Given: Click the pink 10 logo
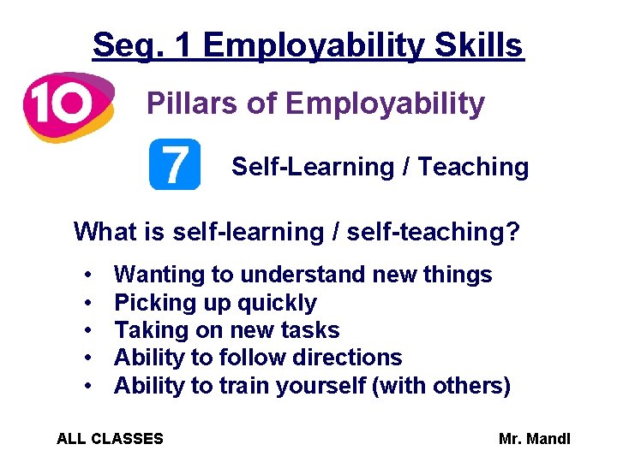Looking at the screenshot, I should (67, 105).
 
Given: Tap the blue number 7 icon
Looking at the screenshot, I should (175, 164).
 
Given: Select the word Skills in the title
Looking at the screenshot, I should (480, 44).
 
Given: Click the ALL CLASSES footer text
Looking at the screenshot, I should (110, 439).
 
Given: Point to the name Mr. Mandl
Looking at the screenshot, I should (534, 439).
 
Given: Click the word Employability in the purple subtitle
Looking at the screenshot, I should (385, 104).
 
